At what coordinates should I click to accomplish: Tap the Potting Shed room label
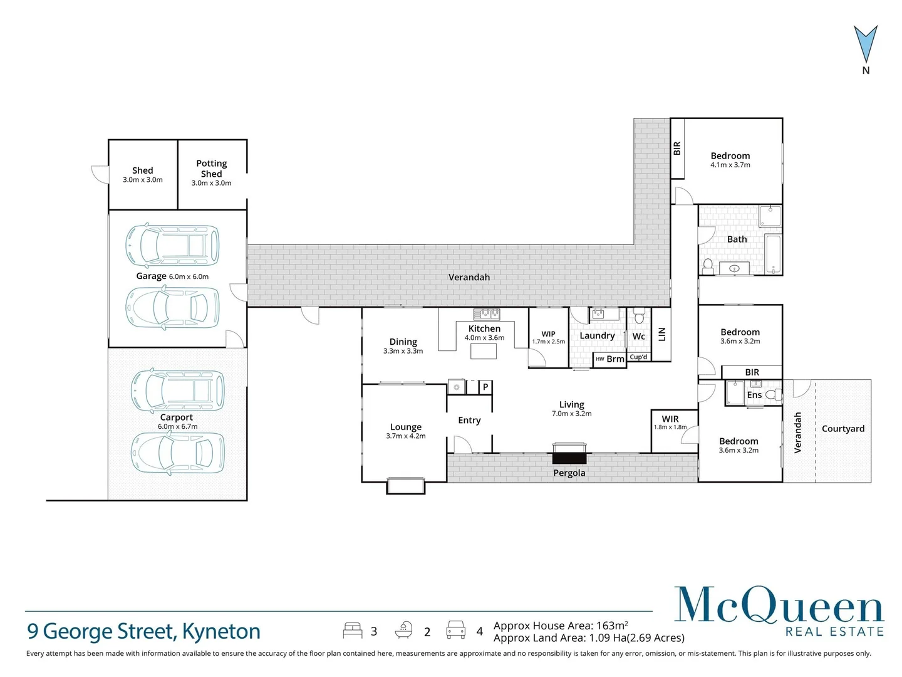click(211, 169)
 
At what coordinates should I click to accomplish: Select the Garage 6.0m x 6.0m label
click(172, 276)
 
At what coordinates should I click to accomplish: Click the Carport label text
click(176, 417)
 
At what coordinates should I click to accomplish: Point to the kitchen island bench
click(483, 351)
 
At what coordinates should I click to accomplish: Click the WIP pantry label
click(548, 333)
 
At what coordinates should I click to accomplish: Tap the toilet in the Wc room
click(639, 315)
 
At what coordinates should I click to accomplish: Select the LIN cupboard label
click(661, 334)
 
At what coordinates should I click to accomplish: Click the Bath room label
click(737, 239)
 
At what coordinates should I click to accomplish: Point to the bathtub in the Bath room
click(773, 254)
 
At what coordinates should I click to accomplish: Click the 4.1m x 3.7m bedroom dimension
click(730, 165)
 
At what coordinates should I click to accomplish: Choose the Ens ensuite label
click(754, 395)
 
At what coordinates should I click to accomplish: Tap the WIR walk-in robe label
click(670, 419)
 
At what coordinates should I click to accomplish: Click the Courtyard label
click(843, 429)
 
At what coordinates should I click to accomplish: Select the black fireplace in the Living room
click(569, 458)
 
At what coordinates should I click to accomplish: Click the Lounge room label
click(406, 427)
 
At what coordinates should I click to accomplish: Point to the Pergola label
click(569, 473)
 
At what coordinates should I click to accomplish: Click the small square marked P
click(485, 387)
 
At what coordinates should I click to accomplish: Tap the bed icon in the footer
click(353, 631)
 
